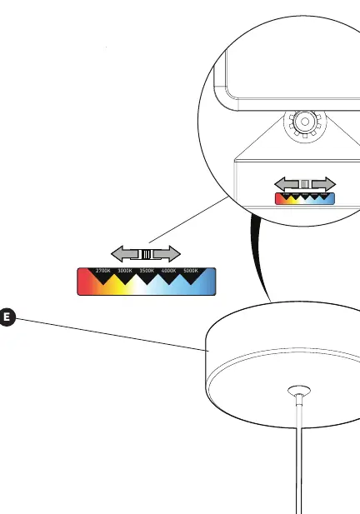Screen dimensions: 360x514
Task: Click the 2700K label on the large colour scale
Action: point(103,271)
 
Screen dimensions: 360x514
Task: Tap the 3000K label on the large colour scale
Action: point(125,271)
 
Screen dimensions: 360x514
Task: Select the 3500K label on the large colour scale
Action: point(147,271)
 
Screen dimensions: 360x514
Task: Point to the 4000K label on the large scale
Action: point(168,271)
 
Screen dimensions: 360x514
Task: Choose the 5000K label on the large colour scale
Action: point(191,271)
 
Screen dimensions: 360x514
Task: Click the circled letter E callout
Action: point(7,317)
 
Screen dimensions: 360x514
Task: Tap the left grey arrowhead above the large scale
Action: point(117,254)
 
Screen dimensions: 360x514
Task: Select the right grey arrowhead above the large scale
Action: point(174,254)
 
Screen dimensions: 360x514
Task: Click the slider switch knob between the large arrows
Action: point(146,254)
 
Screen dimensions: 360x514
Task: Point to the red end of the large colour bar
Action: point(82,282)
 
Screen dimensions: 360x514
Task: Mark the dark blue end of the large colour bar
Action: point(210,282)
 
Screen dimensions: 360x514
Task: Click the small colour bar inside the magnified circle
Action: point(305,198)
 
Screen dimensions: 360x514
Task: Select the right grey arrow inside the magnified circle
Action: point(324,184)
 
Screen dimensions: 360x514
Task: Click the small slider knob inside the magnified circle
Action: point(305,184)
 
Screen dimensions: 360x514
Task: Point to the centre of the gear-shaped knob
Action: point(305,122)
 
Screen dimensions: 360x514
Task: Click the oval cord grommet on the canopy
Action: point(299,391)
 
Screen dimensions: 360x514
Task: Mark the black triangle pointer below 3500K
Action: point(147,279)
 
